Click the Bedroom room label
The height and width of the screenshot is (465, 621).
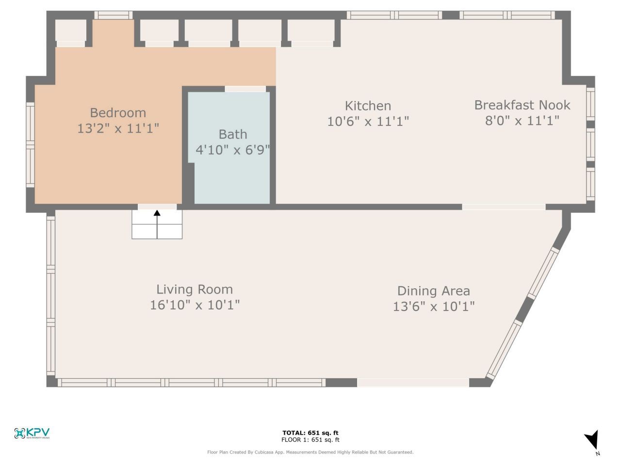pyautogui.click(x=118, y=112)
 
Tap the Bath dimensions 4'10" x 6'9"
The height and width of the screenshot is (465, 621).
pyautogui.click(x=232, y=150)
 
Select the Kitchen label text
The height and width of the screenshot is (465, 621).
pyautogui.click(x=368, y=106)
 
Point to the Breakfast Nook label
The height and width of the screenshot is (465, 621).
pyautogui.click(x=522, y=105)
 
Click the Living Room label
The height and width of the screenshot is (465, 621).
pyautogui.click(x=195, y=289)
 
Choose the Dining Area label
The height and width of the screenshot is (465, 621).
pyautogui.click(x=433, y=291)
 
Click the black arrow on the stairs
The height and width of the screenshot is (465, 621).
pyautogui.click(x=157, y=223)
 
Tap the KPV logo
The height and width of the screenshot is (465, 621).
pyautogui.click(x=33, y=433)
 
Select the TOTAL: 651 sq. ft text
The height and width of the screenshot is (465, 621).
pyautogui.click(x=310, y=433)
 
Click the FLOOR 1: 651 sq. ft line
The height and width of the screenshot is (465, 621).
pyautogui.click(x=310, y=440)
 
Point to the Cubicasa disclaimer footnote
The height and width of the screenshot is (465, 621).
pyautogui.click(x=310, y=452)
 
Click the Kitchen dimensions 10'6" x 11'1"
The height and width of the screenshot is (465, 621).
pyautogui.click(x=368, y=121)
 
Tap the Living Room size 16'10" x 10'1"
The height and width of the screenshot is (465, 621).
pyautogui.click(x=195, y=305)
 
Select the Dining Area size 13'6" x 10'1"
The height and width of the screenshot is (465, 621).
pyautogui.click(x=433, y=306)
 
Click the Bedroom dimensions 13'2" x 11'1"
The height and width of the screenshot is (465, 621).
pyautogui.click(x=118, y=128)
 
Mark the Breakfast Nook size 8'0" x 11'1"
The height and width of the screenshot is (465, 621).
pyautogui.click(x=522, y=120)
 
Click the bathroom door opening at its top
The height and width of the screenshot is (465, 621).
pyautogui.click(x=245, y=89)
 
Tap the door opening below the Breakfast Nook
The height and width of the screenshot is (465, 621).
pyautogui.click(x=504, y=207)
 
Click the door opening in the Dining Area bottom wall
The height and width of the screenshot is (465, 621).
pyautogui.click(x=413, y=383)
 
